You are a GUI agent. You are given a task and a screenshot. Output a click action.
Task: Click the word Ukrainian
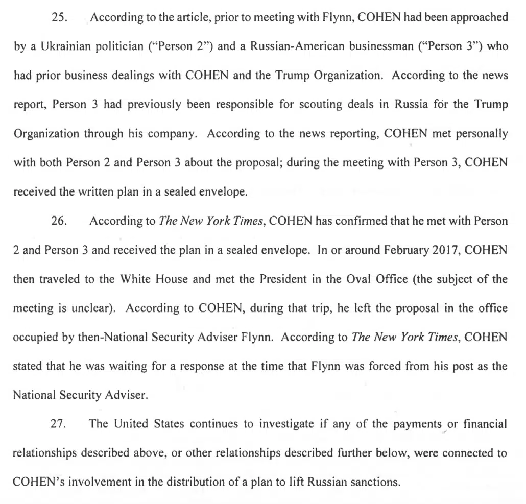[64, 47]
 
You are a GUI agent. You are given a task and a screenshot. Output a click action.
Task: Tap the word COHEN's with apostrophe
[37, 482]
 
